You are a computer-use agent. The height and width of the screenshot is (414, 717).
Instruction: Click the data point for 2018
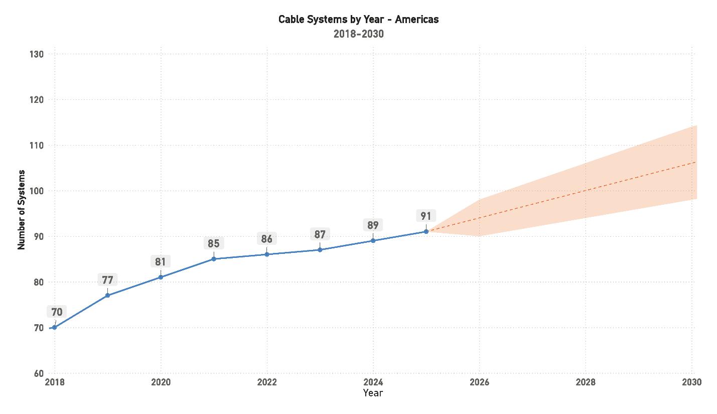tap(54, 327)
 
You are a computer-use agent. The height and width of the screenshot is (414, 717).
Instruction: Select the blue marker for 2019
tap(107, 296)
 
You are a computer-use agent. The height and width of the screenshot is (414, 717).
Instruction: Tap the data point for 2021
tap(214, 259)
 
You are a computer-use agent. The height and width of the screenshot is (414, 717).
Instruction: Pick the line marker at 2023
tap(320, 250)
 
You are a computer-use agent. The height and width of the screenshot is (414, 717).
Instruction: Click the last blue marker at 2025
tap(426, 231)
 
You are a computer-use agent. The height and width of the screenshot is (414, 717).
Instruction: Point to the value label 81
tap(161, 261)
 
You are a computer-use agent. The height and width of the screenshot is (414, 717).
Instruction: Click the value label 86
tap(266, 239)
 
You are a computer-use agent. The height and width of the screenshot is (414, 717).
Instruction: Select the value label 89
tap(373, 225)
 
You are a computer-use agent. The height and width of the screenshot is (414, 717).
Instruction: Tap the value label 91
tap(426, 216)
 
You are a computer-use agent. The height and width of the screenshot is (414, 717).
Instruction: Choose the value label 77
tap(107, 280)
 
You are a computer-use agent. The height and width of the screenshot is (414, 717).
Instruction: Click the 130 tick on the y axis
tap(37, 54)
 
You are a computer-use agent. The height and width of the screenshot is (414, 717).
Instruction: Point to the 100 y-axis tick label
tap(37, 191)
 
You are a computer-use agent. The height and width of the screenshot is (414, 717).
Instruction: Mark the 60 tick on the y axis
tap(39, 373)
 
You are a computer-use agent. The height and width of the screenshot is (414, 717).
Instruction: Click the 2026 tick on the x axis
tap(479, 382)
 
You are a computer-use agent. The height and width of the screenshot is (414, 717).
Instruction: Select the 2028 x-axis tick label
tap(586, 382)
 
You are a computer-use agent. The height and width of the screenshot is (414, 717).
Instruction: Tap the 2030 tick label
tap(691, 382)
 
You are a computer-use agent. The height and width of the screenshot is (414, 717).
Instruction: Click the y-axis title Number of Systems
tap(21, 209)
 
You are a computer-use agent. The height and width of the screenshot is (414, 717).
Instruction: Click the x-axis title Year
tap(373, 393)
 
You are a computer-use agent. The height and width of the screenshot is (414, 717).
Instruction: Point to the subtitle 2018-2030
tap(358, 34)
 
